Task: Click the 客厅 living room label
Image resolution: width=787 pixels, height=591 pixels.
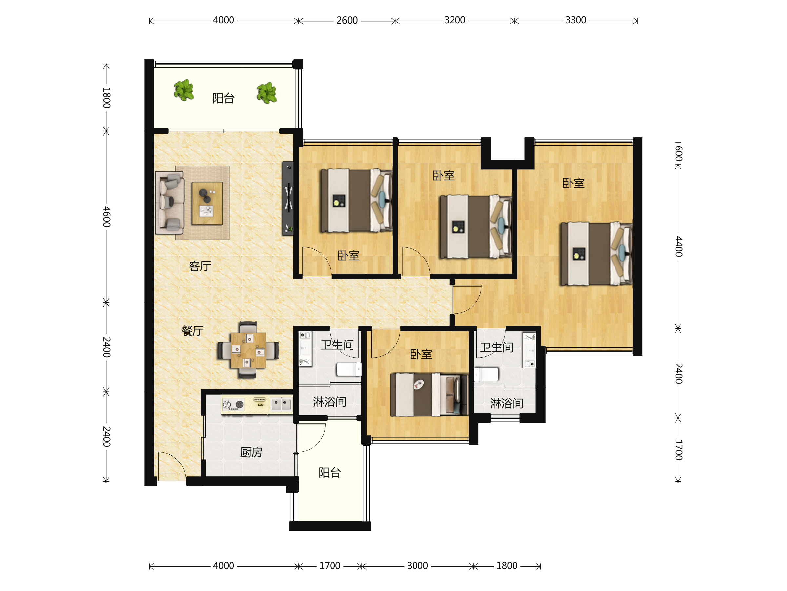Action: pyautogui.click(x=200, y=266)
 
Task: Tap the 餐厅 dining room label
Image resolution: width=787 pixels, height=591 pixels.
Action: pyautogui.click(x=192, y=331)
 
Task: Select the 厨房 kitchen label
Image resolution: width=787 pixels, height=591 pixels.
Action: pyautogui.click(x=252, y=452)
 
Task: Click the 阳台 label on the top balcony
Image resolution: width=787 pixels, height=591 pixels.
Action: pyautogui.click(x=223, y=98)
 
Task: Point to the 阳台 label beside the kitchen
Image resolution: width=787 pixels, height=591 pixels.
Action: pyautogui.click(x=330, y=473)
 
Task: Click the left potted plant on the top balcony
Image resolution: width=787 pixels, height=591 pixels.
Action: pyautogui.click(x=184, y=90)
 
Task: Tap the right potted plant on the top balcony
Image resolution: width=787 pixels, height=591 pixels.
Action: pyautogui.click(x=267, y=92)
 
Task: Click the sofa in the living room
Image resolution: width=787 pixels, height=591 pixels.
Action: pyautogui.click(x=170, y=203)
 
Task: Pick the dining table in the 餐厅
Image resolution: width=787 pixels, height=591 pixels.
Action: pyautogui.click(x=248, y=350)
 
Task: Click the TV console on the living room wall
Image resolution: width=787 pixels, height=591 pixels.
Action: pyautogui.click(x=288, y=198)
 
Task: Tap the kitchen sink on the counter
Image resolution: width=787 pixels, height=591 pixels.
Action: pyautogui.click(x=281, y=404)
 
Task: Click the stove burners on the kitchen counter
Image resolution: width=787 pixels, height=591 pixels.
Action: pyautogui.click(x=233, y=405)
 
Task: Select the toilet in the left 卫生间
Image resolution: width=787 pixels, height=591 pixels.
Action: pyautogui.click(x=349, y=369)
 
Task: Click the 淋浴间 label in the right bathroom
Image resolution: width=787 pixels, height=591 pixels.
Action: pyautogui.click(x=507, y=403)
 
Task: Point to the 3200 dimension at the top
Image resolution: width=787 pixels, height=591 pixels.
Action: pyautogui.click(x=455, y=20)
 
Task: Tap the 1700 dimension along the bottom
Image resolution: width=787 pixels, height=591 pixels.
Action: pyautogui.click(x=330, y=566)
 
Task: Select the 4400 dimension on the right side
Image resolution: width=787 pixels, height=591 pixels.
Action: pyautogui.click(x=679, y=246)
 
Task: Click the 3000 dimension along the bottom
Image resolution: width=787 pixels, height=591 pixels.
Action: pyautogui.click(x=417, y=566)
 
